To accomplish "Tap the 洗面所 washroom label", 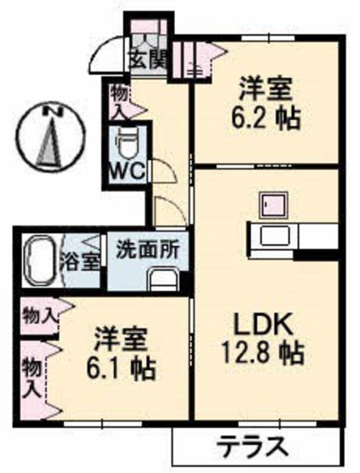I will [147, 251].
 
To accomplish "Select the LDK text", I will [263, 323].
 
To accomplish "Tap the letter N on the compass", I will [53, 111].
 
